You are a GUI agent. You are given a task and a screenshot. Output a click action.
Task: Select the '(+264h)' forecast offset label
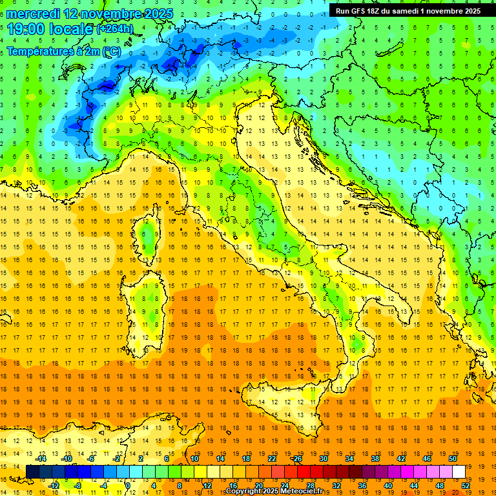116,29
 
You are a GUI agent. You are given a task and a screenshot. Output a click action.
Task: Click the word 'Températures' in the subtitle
39,51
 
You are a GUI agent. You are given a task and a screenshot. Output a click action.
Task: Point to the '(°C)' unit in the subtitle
110,51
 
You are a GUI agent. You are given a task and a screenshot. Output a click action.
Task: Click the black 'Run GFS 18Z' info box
408,10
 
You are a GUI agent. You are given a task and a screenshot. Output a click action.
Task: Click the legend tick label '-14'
41,459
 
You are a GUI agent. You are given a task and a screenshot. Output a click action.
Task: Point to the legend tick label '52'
466,486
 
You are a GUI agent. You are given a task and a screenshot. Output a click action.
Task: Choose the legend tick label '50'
453,459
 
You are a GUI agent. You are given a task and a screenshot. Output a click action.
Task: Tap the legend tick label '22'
272,459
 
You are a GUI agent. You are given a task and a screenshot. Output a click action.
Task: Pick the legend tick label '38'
375,459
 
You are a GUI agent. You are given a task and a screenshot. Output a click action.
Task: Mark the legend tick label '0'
127,486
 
